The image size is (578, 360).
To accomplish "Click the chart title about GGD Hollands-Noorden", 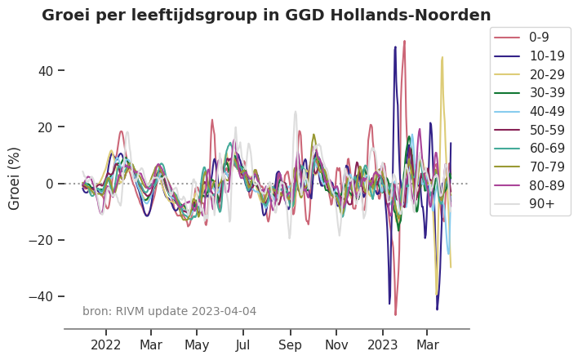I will coord(266,16).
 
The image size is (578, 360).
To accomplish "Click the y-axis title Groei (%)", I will coord(15,178).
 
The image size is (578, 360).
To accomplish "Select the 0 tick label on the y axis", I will coord(49,184).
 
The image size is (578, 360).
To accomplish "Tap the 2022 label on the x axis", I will coord(106,345).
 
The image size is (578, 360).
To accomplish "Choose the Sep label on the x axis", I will coord(290,345).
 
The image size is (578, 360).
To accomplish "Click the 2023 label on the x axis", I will coord(382,345).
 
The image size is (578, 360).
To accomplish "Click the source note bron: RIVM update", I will coord(169,311).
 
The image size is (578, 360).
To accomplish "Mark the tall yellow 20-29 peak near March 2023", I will coord(442,59).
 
